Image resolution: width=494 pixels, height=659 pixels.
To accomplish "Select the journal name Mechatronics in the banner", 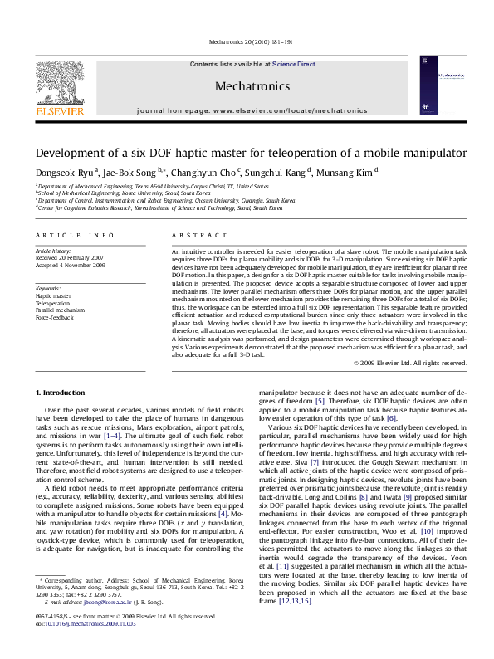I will pos(252,85).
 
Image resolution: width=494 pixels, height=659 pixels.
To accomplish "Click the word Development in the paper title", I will pos(73,154).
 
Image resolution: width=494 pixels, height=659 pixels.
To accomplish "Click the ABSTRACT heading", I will pos(193,236).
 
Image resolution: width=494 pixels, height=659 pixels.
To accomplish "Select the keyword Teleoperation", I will pos(52,304).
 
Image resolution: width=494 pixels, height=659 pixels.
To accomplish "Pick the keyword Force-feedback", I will pos(54,317).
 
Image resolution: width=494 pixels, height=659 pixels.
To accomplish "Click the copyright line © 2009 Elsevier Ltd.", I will pos(409,363).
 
